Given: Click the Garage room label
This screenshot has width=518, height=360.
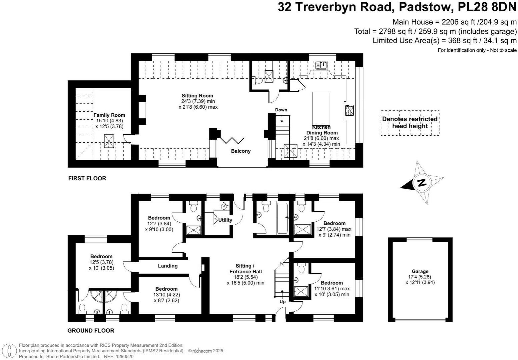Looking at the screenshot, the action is coord(420,271).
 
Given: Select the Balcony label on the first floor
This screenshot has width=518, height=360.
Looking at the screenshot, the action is coord(241,151).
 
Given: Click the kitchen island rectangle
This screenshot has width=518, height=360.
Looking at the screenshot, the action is coord(321,109).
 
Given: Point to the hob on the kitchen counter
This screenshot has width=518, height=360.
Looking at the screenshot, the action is coord(349,110).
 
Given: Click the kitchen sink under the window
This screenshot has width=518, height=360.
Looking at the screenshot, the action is coord(322,65).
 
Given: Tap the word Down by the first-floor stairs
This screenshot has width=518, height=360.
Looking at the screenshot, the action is coord(281,110).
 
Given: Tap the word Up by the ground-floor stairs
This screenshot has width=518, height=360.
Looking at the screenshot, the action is coord(282,302).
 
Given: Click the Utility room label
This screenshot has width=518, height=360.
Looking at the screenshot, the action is coord(225,220).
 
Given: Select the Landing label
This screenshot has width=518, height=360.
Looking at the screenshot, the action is coord(168,266).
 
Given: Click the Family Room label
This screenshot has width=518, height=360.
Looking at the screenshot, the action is coord(109,115).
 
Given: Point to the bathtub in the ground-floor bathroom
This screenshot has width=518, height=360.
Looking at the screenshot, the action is coord(282,218).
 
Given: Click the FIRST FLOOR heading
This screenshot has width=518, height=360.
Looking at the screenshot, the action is coord(87,178).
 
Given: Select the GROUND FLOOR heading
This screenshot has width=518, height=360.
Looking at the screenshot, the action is coord(91,331).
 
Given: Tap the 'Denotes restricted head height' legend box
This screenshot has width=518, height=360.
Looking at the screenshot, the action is coord(410,123).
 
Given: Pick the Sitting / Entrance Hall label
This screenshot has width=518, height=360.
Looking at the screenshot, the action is coord(246,269).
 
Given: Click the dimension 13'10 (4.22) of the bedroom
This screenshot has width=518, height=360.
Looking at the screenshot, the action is coord(167,295).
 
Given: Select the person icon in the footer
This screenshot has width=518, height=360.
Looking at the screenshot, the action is coord(9,351).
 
